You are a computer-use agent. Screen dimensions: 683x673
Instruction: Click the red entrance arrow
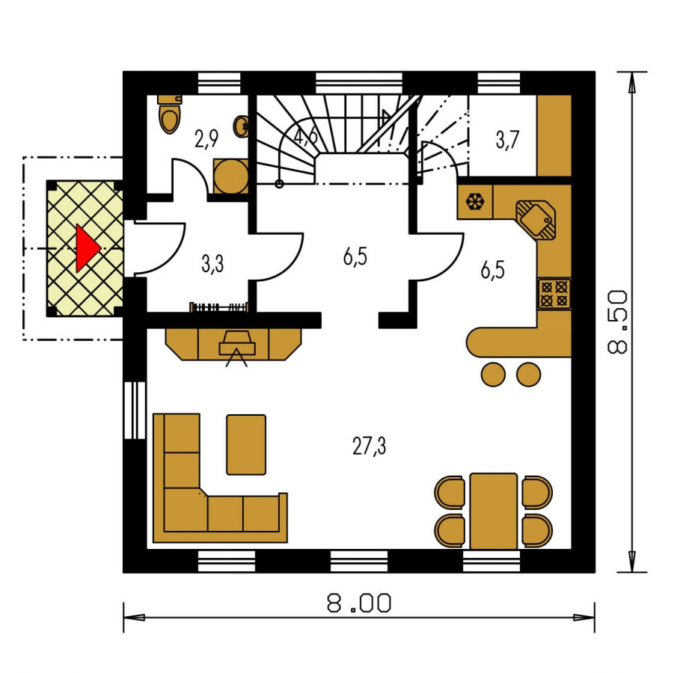click(87, 248)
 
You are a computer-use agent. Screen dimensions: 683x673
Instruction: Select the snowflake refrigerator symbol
click(475, 202)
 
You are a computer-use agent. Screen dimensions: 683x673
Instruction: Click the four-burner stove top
click(554, 294)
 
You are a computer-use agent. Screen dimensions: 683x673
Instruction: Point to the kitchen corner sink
click(536, 221)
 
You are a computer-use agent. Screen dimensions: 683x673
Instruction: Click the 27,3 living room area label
click(369, 446)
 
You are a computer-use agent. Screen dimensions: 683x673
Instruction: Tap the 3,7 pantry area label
click(507, 140)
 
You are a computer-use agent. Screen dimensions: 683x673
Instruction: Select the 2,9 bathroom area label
click(206, 139)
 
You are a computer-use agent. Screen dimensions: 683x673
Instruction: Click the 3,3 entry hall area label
click(212, 264)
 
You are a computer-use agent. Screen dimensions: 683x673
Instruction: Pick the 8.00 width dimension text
click(359, 603)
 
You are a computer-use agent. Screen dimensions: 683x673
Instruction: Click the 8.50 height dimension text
click(617, 322)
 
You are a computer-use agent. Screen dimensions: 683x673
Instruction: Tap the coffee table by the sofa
click(246, 444)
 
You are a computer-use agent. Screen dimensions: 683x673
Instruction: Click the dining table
click(494, 511)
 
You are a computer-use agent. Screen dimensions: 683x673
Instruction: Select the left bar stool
click(493, 375)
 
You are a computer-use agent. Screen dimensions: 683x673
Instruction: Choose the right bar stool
click(528, 375)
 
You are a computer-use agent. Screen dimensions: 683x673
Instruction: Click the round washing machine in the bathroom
click(231, 176)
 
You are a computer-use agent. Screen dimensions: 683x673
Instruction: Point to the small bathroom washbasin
click(242, 126)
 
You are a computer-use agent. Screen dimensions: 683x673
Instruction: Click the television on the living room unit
click(237, 343)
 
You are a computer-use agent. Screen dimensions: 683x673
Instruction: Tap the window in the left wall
click(135, 410)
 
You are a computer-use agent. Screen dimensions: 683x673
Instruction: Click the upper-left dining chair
click(450, 492)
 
